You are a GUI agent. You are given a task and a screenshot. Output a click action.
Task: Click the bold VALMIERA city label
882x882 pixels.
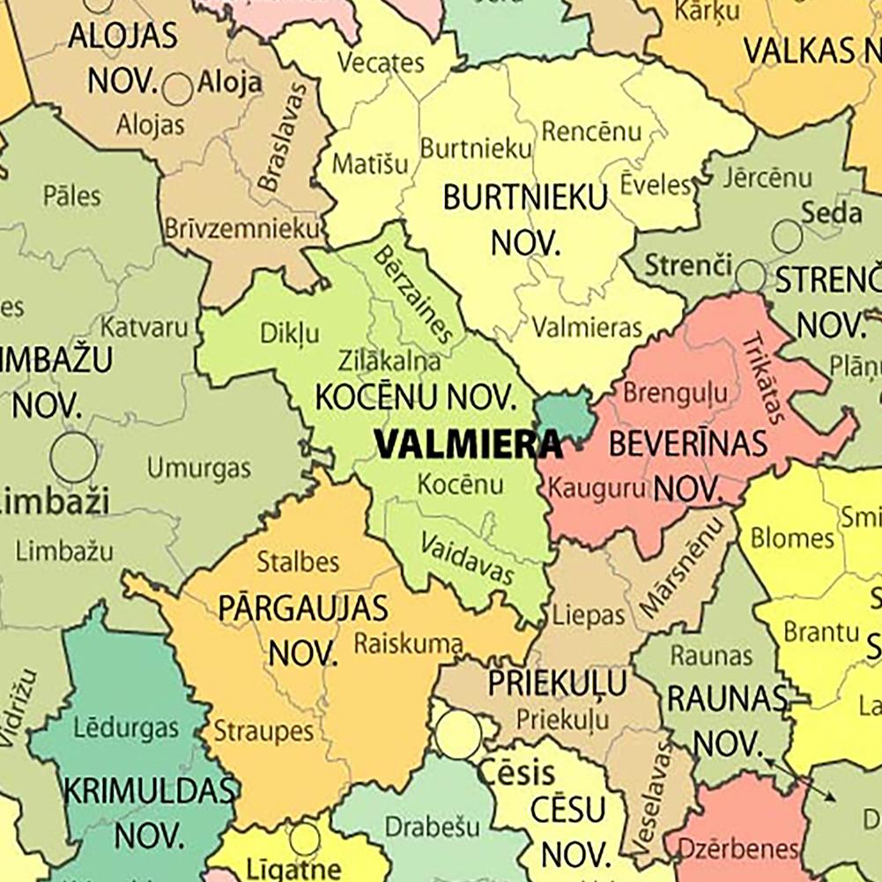tap(468, 444)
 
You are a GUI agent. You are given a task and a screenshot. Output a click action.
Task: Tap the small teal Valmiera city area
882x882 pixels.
tap(564, 416)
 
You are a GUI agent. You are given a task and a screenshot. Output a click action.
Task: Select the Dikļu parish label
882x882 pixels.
tap(290, 333)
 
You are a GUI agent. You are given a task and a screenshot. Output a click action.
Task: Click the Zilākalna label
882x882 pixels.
tap(389, 360)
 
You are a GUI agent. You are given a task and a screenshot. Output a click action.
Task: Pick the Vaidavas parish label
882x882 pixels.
tap(467, 559)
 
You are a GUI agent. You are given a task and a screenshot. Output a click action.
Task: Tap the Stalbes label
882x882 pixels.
tap(298, 561)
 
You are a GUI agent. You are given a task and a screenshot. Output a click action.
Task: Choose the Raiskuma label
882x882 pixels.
tap(408, 644)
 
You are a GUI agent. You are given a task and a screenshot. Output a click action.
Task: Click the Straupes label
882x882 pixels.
tap(264, 730)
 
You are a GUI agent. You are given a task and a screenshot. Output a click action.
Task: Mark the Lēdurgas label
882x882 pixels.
tap(126, 728)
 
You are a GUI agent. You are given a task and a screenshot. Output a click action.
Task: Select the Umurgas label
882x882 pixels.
tap(198, 467)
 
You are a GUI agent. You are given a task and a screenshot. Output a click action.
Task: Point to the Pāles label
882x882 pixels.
tap(71, 196)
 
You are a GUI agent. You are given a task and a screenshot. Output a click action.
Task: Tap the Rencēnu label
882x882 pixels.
tap(591, 132)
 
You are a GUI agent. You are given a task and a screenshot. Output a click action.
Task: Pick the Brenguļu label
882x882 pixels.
tap(676, 392)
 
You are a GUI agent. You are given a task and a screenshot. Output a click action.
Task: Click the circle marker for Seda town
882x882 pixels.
tap(787, 236)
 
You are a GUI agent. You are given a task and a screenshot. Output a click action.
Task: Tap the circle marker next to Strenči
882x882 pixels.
tap(751, 276)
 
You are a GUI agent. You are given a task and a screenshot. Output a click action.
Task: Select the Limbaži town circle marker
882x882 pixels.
tap(73, 458)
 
